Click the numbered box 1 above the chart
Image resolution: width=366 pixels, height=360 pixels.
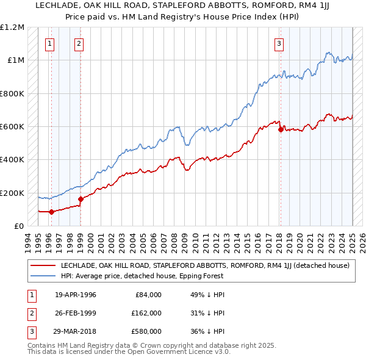point(49,43)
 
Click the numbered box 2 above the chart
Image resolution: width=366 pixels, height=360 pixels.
point(80,43)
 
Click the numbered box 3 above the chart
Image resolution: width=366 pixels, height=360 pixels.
point(279,43)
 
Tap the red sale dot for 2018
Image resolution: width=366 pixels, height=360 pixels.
point(280,129)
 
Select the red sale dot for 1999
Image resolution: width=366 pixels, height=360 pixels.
point(81,199)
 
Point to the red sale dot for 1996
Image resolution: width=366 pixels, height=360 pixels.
point(51,212)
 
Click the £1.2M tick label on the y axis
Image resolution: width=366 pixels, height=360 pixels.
point(12,27)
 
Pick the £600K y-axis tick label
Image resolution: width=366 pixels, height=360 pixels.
point(12,127)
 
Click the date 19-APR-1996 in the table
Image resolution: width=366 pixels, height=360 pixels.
point(76,294)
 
